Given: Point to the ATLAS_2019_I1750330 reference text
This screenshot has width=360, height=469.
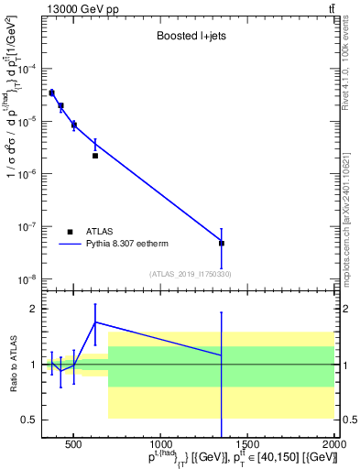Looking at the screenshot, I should (x=190, y=273).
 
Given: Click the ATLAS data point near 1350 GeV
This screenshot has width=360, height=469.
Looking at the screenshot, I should (x=222, y=244).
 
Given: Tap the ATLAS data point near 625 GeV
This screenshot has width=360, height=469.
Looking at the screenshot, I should (x=95, y=156).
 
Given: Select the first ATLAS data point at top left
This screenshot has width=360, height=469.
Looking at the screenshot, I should (x=52, y=93).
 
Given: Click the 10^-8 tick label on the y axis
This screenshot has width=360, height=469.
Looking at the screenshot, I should (x=29, y=278).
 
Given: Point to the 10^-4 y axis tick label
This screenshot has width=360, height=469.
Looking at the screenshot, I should (x=29, y=69).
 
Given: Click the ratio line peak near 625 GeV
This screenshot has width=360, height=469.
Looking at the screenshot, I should (x=95, y=322).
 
